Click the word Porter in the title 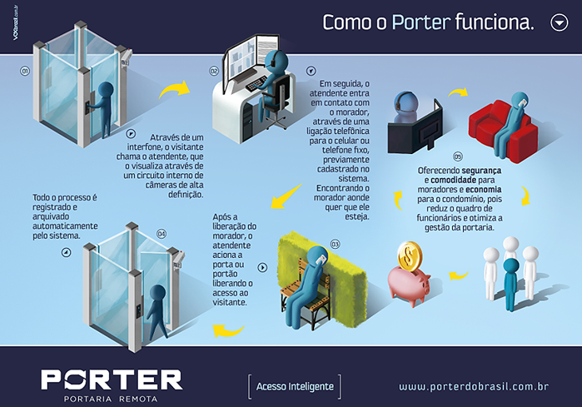click(x=421, y=22)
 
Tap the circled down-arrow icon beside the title click(x=559, y=22)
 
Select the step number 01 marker click(x=25, y=71)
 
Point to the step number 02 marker click(x=214, y=71)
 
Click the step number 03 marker click(x=335, y=244)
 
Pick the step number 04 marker click(x=162, y=234)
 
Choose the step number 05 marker click(x=458, y=156)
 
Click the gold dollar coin click(x=410, y=256)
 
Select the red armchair click(x=501, y=130)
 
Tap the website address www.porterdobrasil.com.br click(x=474, y=386)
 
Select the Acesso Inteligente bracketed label click(x=295, y=386)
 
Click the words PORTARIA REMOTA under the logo click(x=111, y=399)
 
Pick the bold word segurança click(x=481, y=171)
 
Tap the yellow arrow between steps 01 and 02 click(x=175, y=90)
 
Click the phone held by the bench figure click(x=321, y=259)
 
